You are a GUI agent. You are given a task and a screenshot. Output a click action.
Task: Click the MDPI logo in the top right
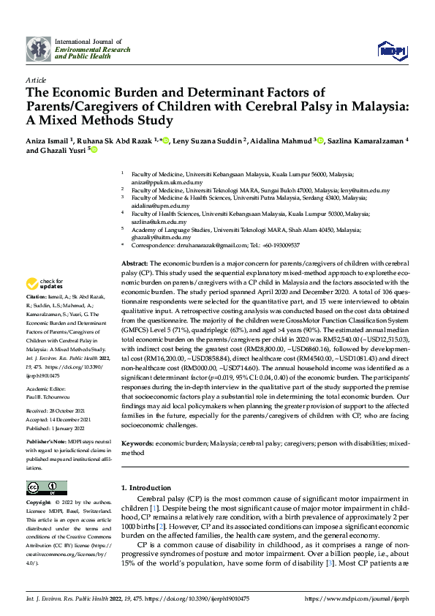(391, 49)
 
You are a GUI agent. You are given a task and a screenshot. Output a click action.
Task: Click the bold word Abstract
(135, 262)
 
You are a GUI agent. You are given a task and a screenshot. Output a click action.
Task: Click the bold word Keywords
(137, 443)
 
